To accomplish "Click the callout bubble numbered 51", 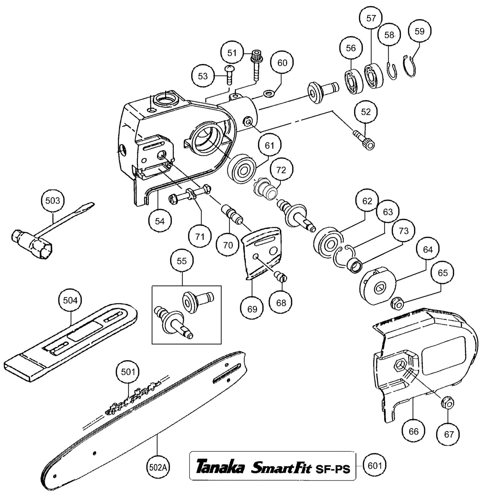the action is (232, 53).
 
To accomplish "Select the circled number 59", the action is (419, 31).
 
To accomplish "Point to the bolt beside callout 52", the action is (364, 140).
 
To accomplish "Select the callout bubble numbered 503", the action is (53, 201).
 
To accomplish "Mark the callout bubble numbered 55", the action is (182, 261).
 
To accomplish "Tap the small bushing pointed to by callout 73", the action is (355, 266).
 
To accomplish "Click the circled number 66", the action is (413, 431).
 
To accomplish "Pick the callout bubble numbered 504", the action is (70, 300).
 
